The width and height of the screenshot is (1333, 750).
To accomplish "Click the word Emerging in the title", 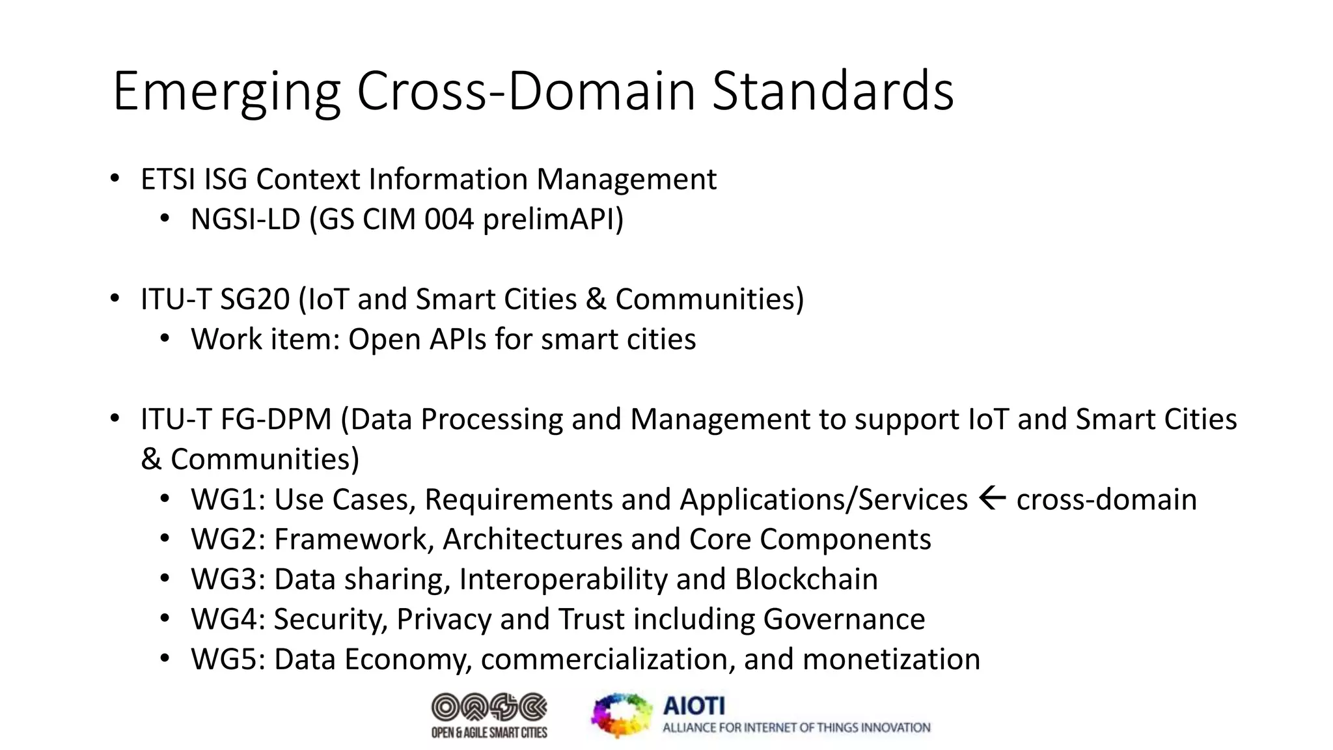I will (x=227, y=92).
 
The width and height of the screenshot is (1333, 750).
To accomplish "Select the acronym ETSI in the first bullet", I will (x=168, y=179).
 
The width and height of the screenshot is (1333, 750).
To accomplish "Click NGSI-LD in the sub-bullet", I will (x=245, y=219).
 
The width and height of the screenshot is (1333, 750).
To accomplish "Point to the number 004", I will (x=449, y=219).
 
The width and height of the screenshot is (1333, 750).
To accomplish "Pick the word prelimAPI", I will (x=553, y=219).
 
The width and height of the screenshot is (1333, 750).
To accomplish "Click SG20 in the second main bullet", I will (x=254, y=299).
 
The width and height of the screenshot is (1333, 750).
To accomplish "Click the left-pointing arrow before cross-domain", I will (x=992, y=499).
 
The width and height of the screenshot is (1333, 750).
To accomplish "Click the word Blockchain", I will (x=806, y=579).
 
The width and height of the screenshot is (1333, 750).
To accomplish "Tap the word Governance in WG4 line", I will (x=844, y=619).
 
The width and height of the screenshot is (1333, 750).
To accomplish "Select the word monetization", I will (x=891, y=660).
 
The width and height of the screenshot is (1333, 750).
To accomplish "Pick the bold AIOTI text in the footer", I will (x=694, y=706).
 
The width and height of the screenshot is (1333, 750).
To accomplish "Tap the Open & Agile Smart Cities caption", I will (x=489, y=733).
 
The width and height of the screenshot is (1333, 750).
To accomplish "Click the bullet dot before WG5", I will (x=165, y=659).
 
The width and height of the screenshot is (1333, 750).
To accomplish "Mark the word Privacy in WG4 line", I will (x=443, y=619).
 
